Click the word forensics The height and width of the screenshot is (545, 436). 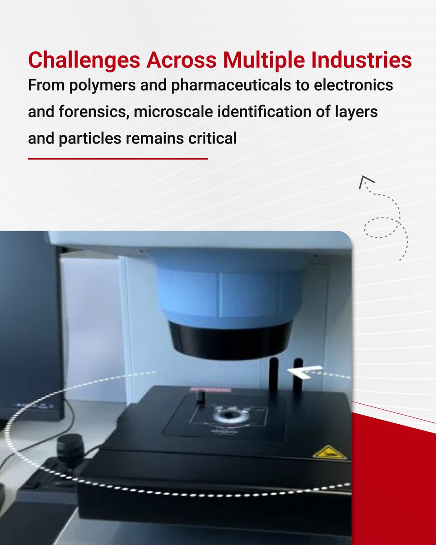97,112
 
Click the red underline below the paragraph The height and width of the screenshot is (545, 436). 118,159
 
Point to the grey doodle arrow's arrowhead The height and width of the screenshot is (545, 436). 364,182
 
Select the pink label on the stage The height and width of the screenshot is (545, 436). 210,389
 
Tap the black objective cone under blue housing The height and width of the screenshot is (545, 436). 231,338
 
